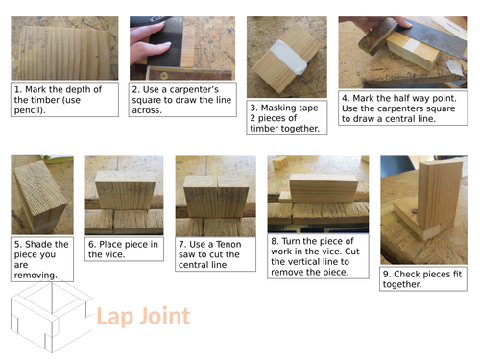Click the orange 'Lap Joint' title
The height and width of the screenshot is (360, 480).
tap(143, 316)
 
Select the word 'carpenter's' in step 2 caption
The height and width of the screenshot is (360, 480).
tap(197, 89)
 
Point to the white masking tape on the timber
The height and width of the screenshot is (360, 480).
tap(287, 57)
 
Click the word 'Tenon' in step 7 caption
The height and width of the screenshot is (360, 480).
tap(228, 244)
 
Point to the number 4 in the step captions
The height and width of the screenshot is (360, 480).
tap(345, 98)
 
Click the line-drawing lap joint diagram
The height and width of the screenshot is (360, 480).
tap(51, 316)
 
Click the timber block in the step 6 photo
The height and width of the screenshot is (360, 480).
tap(125, 190)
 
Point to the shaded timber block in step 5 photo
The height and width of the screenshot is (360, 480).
tap(40, 196)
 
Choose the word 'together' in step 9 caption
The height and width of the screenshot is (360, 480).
tap(401, 284)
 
